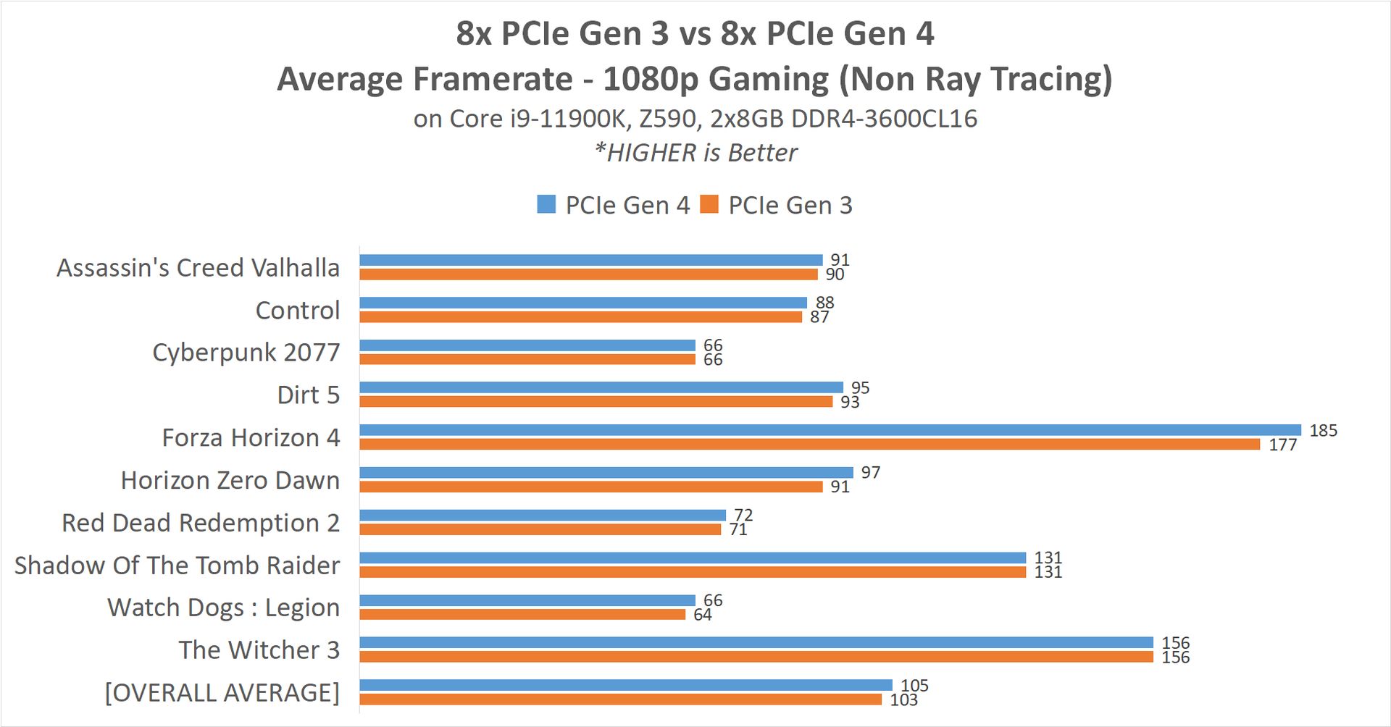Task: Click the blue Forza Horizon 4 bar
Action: coord(830,430)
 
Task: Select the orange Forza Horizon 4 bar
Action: coord(810,444)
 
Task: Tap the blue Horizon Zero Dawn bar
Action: coord(606,473)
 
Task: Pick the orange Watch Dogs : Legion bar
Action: coord(522,615)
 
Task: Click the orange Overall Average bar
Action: coord(621,699)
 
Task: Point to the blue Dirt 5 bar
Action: coord(601,387)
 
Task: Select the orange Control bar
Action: coord(581,317)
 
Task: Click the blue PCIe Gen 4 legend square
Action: coord(546,204)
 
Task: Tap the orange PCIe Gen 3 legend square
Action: coord(709,204)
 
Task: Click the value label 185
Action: coord(1323,431)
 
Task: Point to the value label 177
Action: coord(1282,445)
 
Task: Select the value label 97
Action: coord(870,473)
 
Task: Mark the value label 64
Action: coord(703,615)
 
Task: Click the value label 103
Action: coord(903,699)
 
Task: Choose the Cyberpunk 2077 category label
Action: coord(246,353)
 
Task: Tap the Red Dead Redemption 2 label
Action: coord(201,523)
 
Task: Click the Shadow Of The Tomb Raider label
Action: coord(177,566)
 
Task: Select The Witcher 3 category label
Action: coord(259,650)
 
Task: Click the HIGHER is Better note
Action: coord(695,153)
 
